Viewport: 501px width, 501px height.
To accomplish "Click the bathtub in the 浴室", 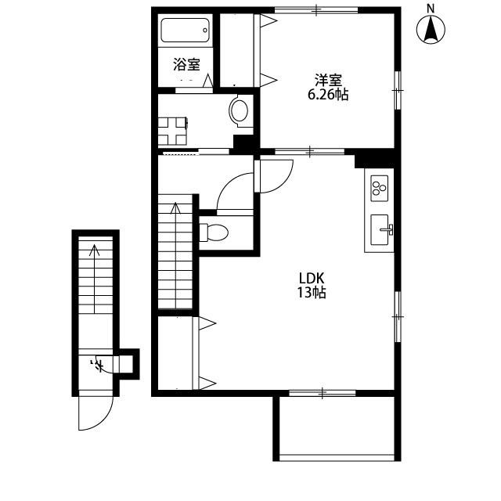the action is point(186,30).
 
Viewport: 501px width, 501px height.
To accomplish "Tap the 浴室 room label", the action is point(187,64).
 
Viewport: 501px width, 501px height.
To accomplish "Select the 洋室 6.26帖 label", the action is point(328,87).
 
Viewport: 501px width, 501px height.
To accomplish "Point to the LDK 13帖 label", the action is point(312,285).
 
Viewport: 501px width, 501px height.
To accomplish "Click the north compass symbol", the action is point(431,28).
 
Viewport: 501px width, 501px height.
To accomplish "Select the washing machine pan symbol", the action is point(172,131).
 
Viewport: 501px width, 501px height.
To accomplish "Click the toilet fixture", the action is point(214,232).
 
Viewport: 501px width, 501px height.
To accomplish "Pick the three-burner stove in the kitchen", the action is point(379,188).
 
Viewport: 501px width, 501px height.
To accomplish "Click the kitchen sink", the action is point(380,229).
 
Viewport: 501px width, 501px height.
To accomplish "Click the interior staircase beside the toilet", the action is point(175,252).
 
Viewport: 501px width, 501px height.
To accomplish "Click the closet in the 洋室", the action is point(240,50).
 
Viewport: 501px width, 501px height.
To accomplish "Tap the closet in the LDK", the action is point(178,353).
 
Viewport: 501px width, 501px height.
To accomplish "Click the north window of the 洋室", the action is point(316,10).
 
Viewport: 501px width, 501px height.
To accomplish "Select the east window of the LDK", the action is point(398,316).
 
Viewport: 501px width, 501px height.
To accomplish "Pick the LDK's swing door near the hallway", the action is point(273,176).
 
